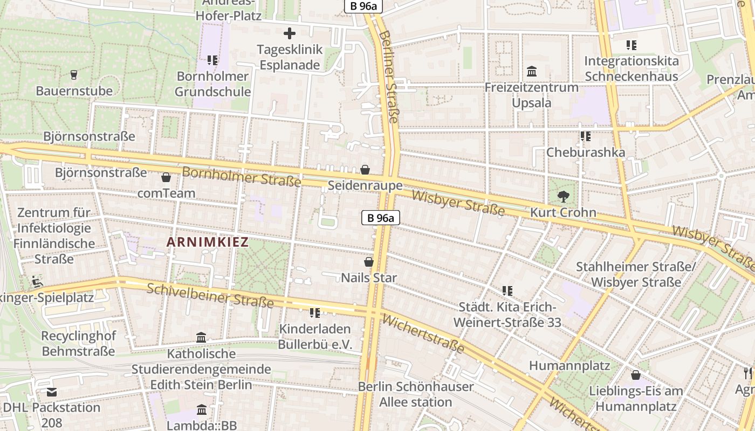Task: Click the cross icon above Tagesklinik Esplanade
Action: click(x=290, y=33)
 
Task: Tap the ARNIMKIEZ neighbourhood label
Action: click(x=208, y=242)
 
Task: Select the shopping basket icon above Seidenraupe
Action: click(x=365, y=170)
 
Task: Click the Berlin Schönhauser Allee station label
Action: click(x=416, y=394)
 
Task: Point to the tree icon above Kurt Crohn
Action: click(x=564, y=197)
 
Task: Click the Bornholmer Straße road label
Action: click(x=241, y=177)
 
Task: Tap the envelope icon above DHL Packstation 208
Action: click(x=52, y=392)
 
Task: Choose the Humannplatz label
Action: click(x=569, y=366)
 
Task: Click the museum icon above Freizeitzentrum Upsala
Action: click(x=532, y=71)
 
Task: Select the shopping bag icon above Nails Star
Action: click(x=369, y=262)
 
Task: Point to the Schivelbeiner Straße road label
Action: click(x=210, y=296)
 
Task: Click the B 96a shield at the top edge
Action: click(x=363, y=6)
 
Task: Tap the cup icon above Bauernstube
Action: click(x=74, y=74)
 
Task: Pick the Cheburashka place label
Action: click(x=586, y=152)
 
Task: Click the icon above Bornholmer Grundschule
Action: click(x=212, y=60)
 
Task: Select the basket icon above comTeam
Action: click(x=166, y=177)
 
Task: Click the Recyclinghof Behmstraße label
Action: click(x=78, y=344)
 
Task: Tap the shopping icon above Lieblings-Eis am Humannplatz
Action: click(x=636, y=374)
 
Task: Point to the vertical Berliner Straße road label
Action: click(x=388, y=75)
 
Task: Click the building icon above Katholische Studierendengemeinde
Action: click(x=201, y=338)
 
